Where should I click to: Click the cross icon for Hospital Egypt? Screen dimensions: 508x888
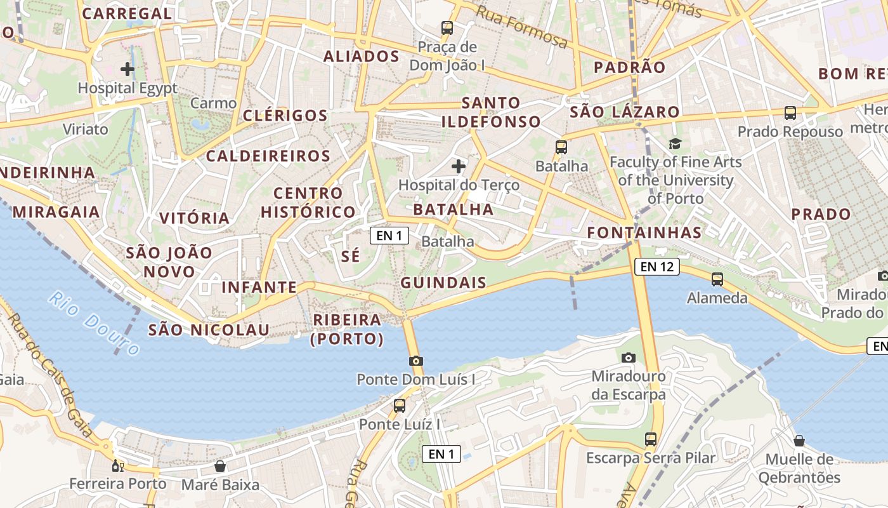pos(127,69)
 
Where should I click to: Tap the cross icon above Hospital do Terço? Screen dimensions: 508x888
pos(458,166)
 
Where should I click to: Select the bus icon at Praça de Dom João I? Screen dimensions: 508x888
pos(447,28)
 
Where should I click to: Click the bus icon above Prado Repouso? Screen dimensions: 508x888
pos(790,113)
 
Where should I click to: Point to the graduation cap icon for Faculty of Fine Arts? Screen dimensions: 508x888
pos(674,144)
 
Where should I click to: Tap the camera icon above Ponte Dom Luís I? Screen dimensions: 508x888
pos(415,361)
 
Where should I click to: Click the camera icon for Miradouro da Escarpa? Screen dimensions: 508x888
pos(628,358)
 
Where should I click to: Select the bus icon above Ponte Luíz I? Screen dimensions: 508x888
pos(399,405)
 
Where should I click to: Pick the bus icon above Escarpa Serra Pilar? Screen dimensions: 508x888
pos(650,439)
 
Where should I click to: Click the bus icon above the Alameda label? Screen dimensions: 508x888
pos(717,279)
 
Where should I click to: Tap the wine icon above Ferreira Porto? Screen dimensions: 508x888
pos(117,465)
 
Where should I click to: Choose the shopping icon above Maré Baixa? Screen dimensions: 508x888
pos(219,467)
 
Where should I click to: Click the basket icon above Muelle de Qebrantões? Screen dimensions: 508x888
pos(799,440)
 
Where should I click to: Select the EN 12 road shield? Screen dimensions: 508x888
pos(656,267)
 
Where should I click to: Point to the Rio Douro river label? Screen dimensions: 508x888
pos(95,323)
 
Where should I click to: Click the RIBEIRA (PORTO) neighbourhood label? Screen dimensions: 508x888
pos(346,330)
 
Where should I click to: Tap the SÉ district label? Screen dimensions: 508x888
pos(350,256)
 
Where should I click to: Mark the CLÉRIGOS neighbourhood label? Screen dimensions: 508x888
pos(285,116)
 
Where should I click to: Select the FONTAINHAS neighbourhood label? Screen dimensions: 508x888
pos(644,232)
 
